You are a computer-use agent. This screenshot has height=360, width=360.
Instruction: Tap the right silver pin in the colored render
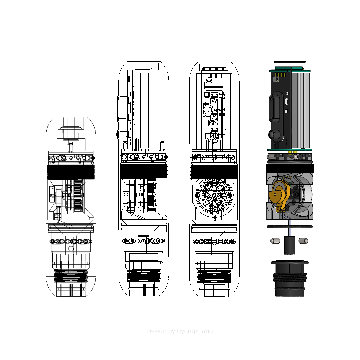click(303, 241)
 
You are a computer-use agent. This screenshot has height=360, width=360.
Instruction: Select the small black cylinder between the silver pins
click(289, 245)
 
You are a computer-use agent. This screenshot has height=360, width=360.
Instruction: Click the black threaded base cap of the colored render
click(289, 278)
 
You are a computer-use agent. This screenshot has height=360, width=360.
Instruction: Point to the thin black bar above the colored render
click(289, 62)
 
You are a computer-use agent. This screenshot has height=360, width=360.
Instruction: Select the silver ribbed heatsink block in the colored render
click(301, 110)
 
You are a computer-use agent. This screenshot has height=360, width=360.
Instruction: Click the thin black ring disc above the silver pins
click(289, 227)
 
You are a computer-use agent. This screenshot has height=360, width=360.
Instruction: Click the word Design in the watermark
click(157, 331)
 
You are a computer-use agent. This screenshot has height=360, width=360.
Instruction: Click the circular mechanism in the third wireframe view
click(214, 195)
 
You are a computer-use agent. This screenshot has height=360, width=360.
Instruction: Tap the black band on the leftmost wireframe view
click(71, 172)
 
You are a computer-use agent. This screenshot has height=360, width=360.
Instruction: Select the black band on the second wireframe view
click(143, 171)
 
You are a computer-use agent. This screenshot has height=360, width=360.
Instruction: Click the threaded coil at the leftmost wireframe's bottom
click(71, 276)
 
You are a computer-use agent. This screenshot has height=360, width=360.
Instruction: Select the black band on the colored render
click(289, 168)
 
